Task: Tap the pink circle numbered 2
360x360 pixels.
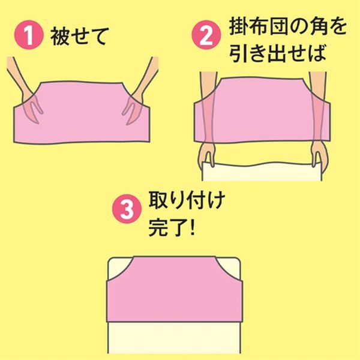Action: (205, 36)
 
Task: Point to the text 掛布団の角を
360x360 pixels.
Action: (279, 28)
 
